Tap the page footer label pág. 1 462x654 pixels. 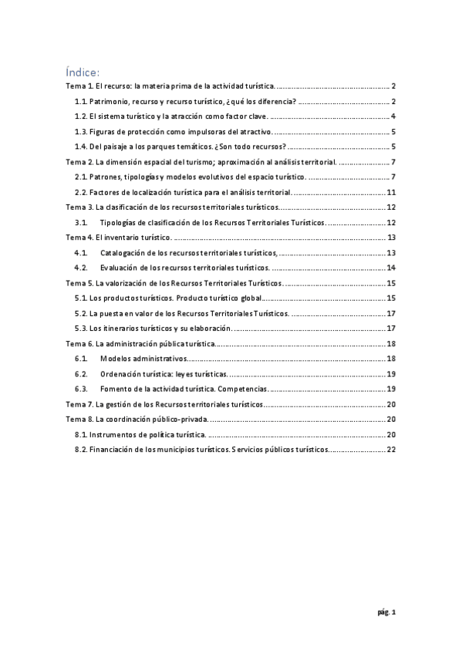point(386,613)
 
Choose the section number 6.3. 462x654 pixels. point(80,389)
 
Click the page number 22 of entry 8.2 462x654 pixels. point(391,449)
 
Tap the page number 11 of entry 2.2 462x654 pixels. point(391,192)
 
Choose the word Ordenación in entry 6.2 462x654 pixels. point(122,373)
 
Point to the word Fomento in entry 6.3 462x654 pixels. point(116,389)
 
